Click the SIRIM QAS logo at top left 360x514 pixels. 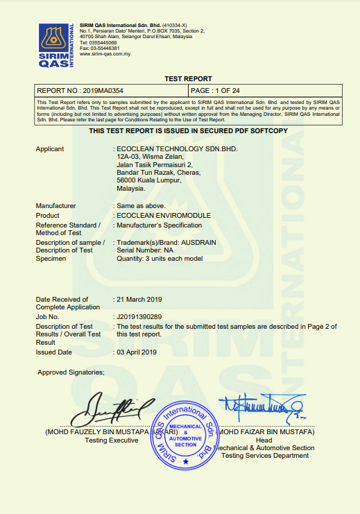pyautogui.click(x=55, y=45)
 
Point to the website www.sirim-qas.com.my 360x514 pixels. pyautogui.click(x=106, y=53)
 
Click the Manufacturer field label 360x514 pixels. pyautogui.click(x=55, y=206)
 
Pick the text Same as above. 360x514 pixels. pyautogui.click(x=139, y=206)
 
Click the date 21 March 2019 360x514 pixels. pyautogui.click(x=139, y=299)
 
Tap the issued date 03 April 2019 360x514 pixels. pyautogui.click(x=137, y=352)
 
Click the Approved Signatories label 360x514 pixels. pyautogui.click(x=71, y=372)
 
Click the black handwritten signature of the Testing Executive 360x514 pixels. pyautogui.click(x=111, y=410)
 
